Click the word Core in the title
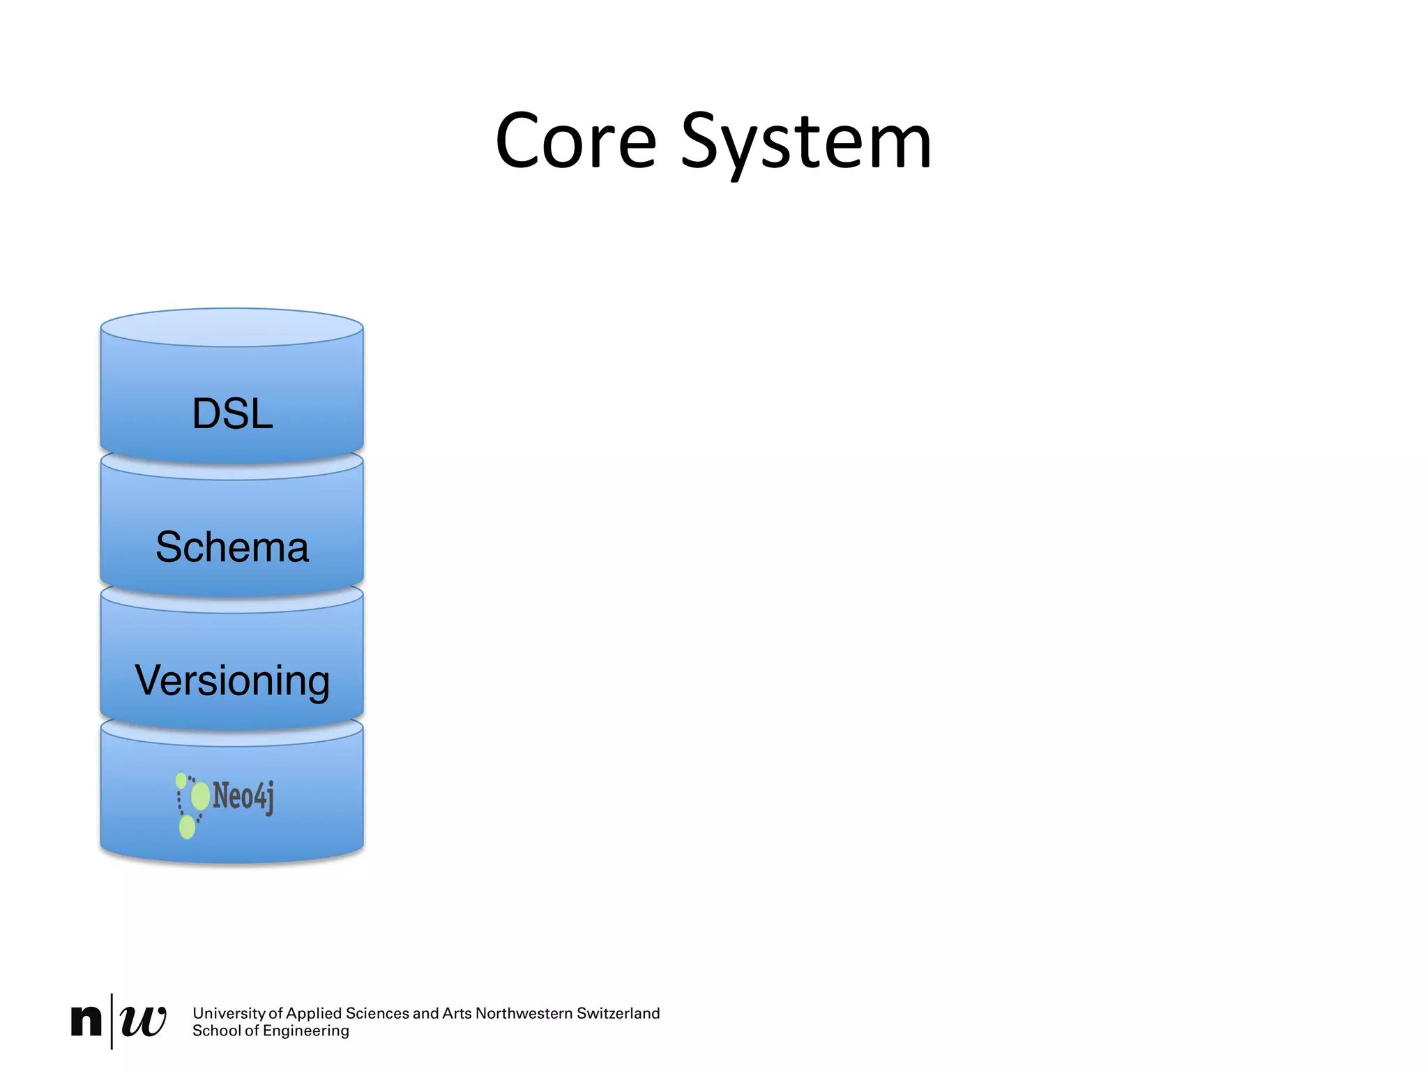[576, 142]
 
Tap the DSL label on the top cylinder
[232, 413]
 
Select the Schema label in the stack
[232, 547]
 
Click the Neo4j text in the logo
[243, 796]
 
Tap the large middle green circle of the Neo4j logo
[201, 796]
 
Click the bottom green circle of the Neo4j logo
[187, 828]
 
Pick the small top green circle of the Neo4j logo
[181, 780]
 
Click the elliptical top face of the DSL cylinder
[232, 328]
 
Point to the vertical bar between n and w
[112, 1021]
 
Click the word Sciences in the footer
[377, 1013]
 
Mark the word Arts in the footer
[457, 1013]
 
